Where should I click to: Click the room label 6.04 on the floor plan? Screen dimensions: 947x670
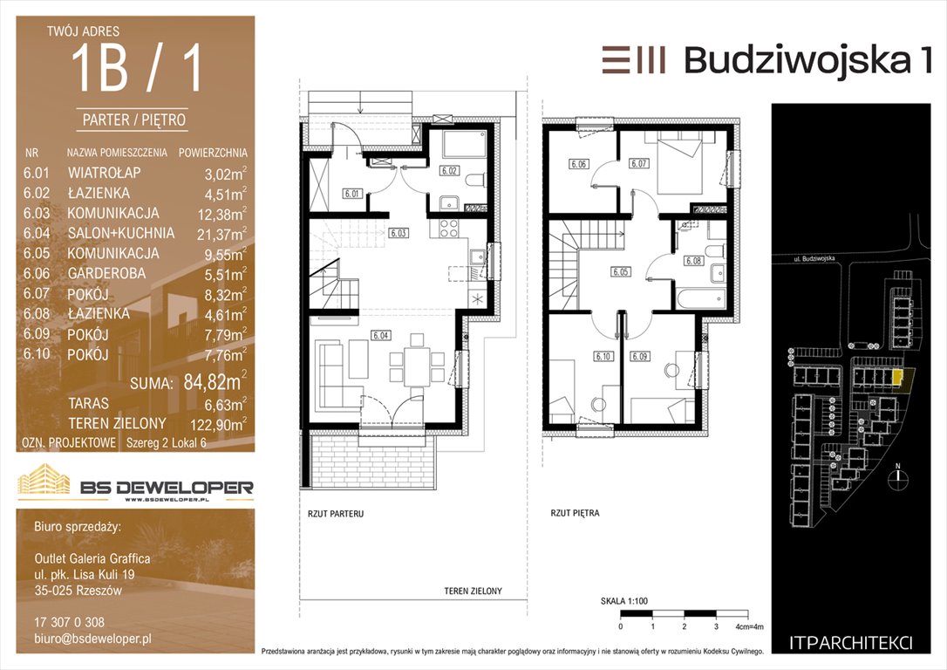pos(380,335)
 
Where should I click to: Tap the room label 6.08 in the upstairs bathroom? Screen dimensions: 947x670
pos(693,261)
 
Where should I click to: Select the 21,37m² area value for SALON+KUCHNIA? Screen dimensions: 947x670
pos(221,234)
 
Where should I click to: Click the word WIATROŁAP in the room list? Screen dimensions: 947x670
pos(105,173)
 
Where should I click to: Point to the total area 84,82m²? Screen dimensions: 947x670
pos(215,381)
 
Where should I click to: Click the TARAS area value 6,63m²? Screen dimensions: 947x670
pos(226,404)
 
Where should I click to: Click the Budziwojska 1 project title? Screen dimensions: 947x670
pos(808,60)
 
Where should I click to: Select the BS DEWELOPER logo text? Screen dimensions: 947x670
pos(167,487)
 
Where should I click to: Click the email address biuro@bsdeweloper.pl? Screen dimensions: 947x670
pos(93,639)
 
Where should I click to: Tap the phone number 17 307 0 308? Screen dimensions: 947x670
pos(70,622)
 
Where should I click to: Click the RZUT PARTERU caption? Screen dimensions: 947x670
pos(336,514)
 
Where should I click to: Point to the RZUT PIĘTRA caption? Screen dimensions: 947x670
pos(575,514)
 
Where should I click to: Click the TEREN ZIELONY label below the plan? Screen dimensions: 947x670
pos(473,591)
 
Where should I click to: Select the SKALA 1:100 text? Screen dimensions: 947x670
pos(623,601)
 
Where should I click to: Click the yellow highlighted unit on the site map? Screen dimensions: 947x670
pos(898,378)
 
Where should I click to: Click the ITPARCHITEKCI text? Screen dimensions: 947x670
pos(851,644)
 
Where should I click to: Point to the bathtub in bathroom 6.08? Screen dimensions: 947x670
pos(701,299)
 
